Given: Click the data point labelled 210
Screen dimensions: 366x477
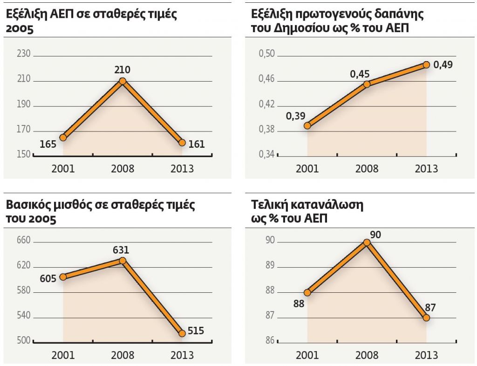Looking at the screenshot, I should [x=123, y=81].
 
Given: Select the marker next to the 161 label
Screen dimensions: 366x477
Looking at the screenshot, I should [x=182, y=143].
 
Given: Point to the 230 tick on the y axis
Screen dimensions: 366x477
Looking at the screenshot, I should [x=23, y=54].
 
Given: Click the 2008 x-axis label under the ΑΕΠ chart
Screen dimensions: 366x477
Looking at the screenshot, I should [x=123, y=168].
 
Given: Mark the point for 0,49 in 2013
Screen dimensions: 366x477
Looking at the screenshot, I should [x=426, y=65].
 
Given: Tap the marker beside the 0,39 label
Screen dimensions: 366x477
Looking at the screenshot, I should [x=307, y=125].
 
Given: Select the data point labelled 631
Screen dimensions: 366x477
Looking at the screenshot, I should [x=123, y=261].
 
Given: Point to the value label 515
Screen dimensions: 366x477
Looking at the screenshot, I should [x=196, y=331].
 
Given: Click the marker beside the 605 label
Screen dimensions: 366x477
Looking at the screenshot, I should [x=63, y=276].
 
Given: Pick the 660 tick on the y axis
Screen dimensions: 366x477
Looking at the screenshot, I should [x=23, y=241].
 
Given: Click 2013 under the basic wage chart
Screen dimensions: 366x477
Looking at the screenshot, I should [x=182, y=355].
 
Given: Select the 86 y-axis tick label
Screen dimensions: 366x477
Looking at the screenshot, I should [x=271, y=341].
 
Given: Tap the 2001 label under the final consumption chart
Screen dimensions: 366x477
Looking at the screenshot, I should [x=307, y=355].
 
